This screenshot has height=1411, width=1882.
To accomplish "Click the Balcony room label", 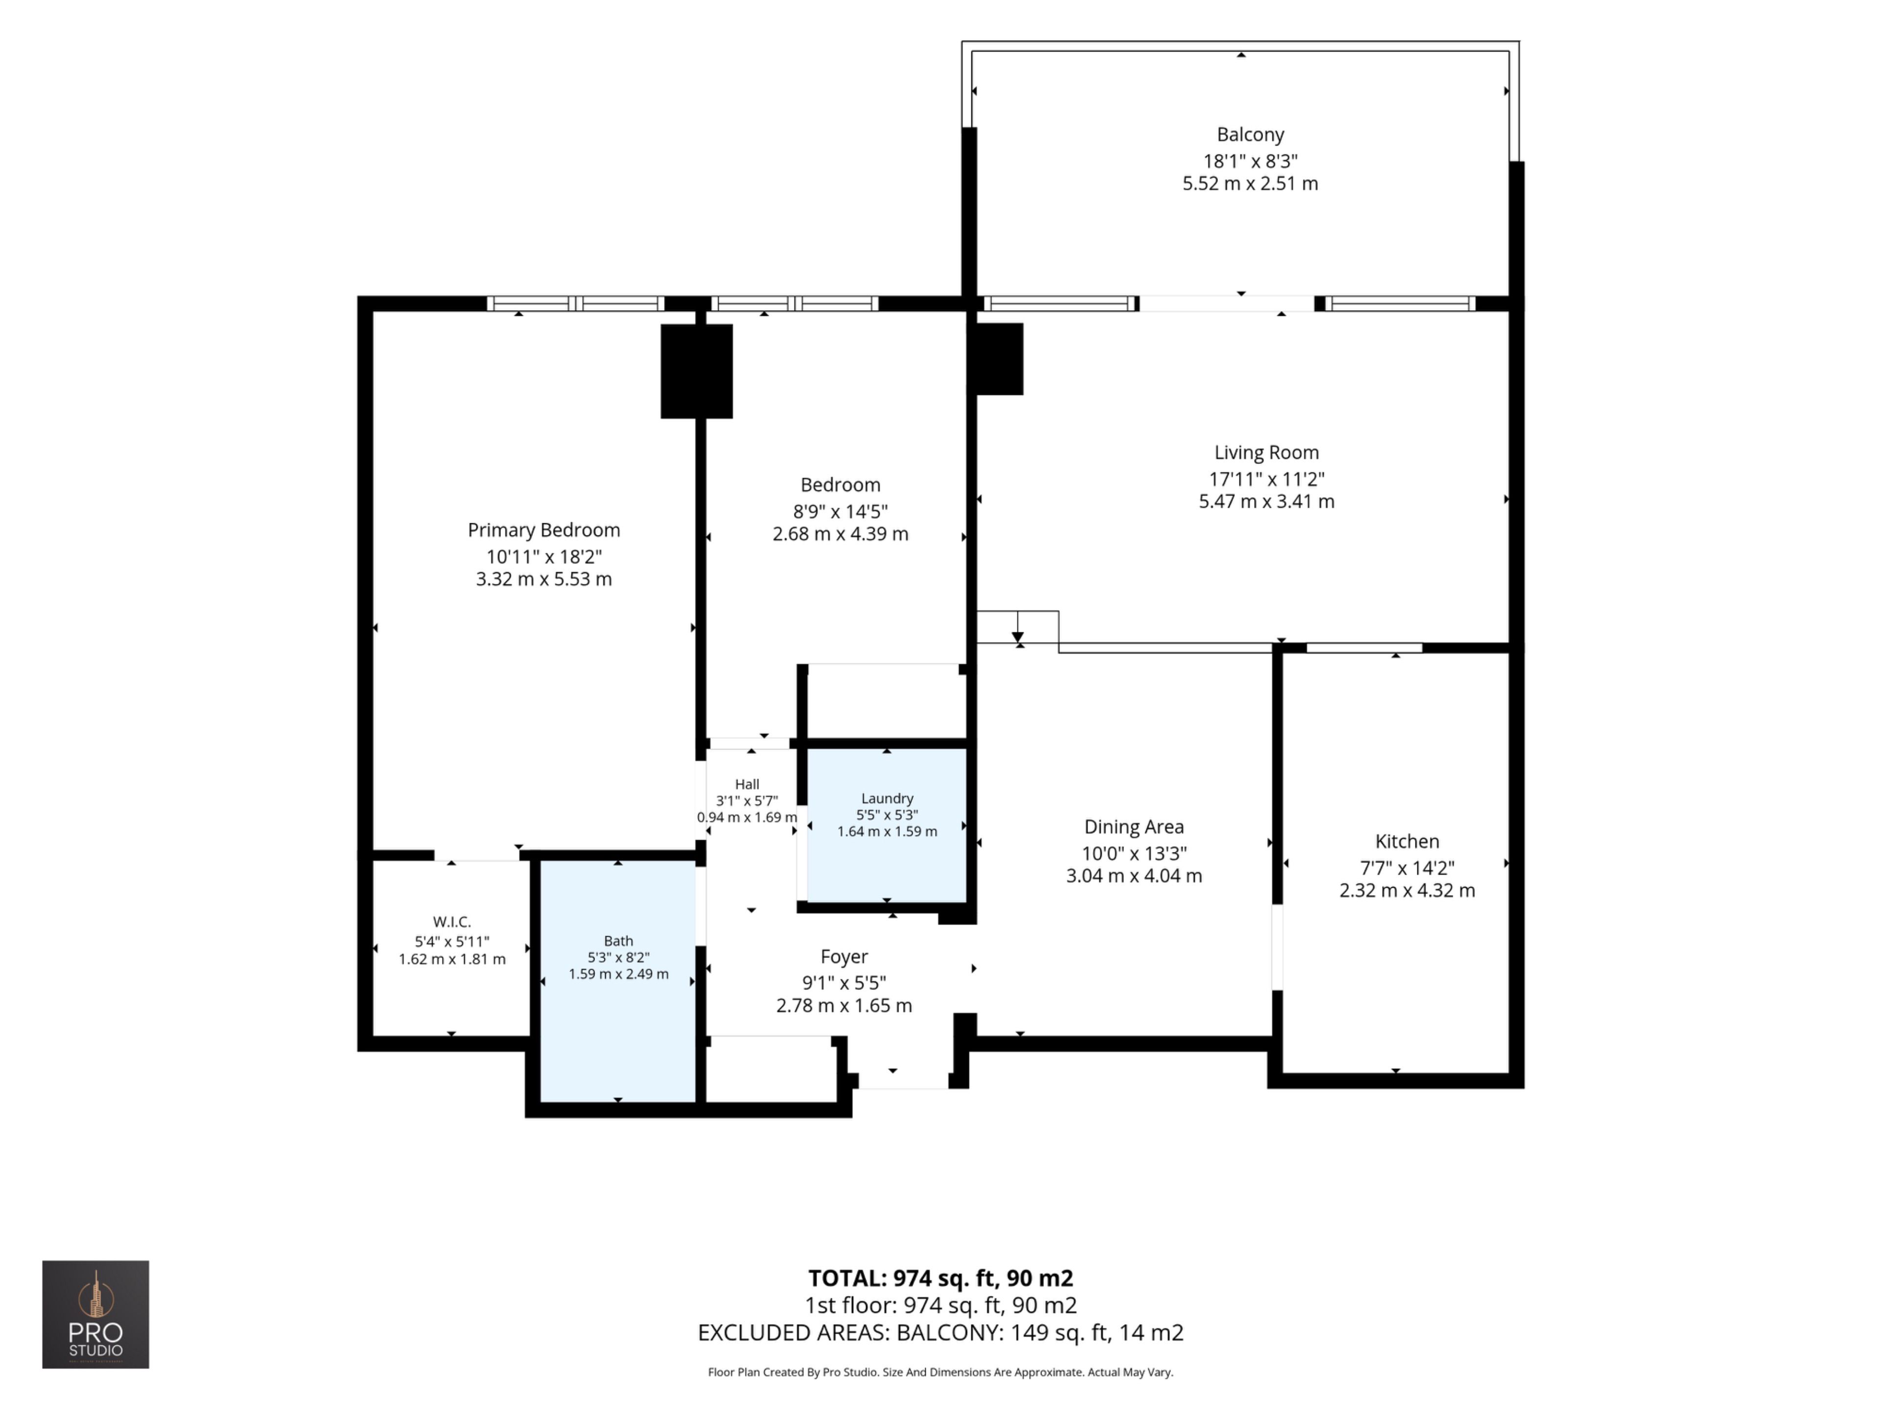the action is (1250, 134).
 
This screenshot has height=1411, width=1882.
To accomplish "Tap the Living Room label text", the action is (1266, 453).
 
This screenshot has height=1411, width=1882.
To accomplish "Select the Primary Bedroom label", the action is (544, 530).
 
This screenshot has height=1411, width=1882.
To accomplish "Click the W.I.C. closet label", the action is (452, 922).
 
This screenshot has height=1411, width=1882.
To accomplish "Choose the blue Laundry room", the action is (887, 825).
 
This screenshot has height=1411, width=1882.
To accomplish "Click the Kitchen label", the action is (1407, 841).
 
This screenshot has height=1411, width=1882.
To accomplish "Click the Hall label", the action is (747, 784).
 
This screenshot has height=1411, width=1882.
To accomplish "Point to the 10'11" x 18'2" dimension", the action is (544, 556).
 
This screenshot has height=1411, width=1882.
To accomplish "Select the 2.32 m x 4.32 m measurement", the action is (1407, 891).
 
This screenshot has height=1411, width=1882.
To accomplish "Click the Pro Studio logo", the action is (95, 1314).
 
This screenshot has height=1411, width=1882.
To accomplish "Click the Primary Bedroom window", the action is (575, 304).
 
